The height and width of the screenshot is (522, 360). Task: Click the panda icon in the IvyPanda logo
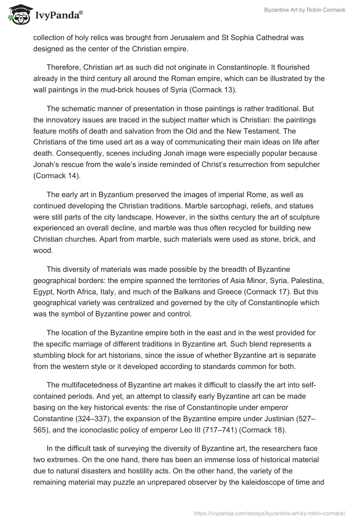pos(18,14)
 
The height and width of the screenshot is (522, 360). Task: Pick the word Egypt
pos(43,292)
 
